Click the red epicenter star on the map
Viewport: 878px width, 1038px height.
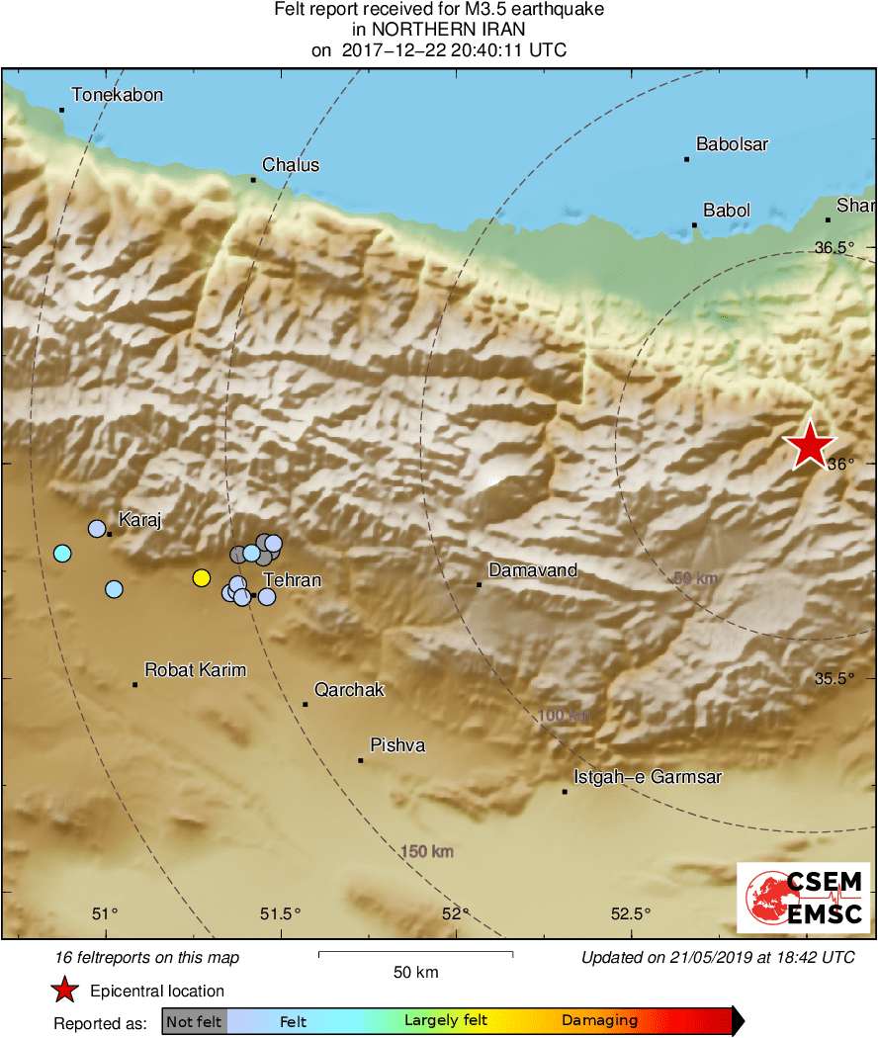click(x=810, y=445)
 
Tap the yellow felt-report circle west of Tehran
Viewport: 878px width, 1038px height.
click(x=202, y=578)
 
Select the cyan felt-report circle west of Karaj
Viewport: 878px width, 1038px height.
click(x=62, y=554)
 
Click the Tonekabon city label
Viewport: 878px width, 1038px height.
click(x=117, y=96)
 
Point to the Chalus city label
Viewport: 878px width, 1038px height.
click(x=291, y=165)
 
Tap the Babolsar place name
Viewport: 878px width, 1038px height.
click(x=732, y=145)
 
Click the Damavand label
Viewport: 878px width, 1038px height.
click(x=533, y=571)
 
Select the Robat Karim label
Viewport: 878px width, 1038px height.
click(x=195, y=670)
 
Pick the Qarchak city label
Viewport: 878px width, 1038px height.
click(x=349, y=690)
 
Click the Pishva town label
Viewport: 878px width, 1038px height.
click(x=397, y=745)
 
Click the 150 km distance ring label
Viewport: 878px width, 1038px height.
click(x=427, y=851)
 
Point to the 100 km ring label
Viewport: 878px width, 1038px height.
click(x=565, y=716)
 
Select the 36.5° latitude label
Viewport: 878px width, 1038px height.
click(x=834, y=247)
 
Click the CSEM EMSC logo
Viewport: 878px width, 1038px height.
click(x=803, y=897)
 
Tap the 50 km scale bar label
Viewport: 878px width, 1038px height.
click(x=415, y=973)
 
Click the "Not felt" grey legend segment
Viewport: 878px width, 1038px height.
click(x=194, y=1021)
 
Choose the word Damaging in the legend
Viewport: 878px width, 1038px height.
click(x=599, y=1021)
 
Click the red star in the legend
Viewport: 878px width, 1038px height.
click(x=65, y=991)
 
